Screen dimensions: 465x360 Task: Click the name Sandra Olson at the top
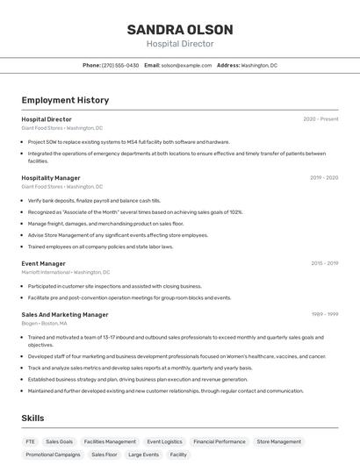pos(179,29)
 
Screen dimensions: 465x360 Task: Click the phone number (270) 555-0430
pos(120,65)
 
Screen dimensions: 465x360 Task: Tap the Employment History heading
pos(65,100)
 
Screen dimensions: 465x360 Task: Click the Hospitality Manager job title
pos(51,177)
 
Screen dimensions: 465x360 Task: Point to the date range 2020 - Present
pos(320,118)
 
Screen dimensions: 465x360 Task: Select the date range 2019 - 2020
pos(324,177)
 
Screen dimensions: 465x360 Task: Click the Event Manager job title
pos(44,263)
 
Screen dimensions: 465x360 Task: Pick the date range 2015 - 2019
pos(324,263)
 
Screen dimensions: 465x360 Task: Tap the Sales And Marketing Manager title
pos(65,314)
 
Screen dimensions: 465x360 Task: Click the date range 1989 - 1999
pos(324,314)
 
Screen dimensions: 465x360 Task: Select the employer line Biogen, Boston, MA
pos(45,323)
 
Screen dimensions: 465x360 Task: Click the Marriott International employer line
pos(60,272)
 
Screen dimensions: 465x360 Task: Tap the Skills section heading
pos(32,418)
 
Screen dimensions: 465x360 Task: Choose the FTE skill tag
pos(31,441)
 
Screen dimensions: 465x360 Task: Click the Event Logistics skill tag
pos(164,441)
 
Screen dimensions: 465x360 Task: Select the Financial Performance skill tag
pos(220,441)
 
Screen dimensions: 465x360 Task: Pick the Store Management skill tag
pos(279,441)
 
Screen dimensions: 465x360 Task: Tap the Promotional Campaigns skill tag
pos(53,454)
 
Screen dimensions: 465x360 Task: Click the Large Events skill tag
pos(143,454)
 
